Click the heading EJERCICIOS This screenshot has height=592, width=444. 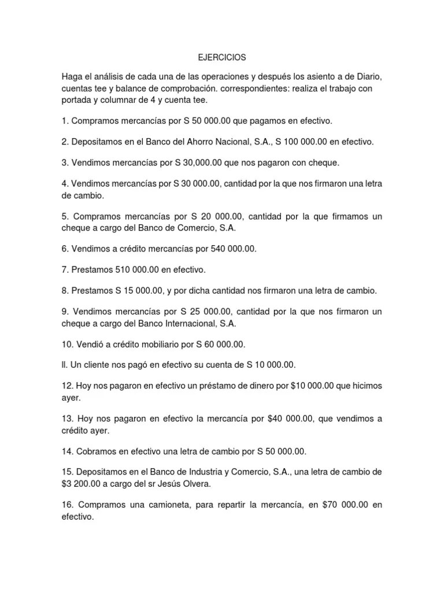point(222,58)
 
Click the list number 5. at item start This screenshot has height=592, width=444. point(65,216)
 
